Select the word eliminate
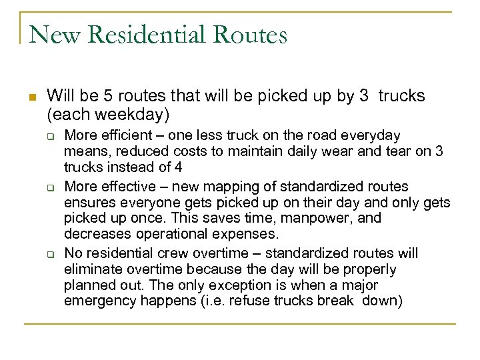tap(92, 269)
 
